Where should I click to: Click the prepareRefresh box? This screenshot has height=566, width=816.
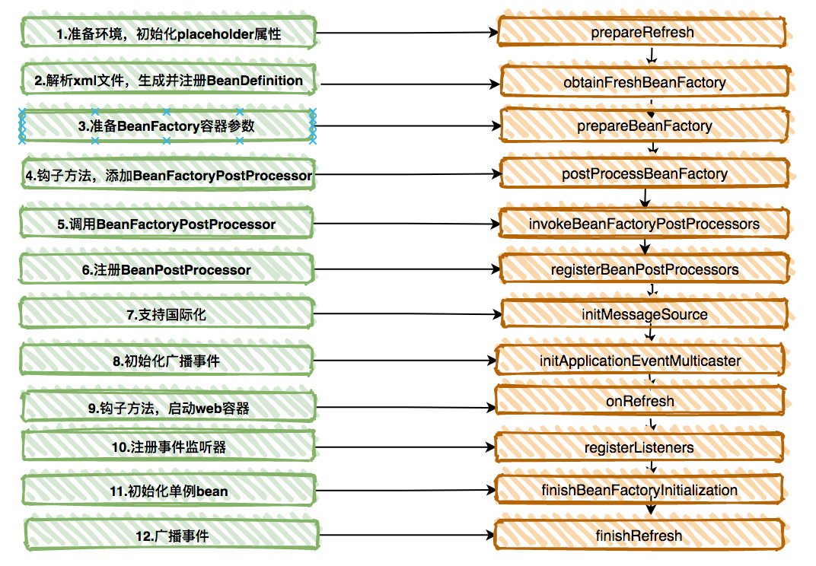tap(642, 32)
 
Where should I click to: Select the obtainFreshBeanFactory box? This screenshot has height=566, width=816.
tap(645, 82)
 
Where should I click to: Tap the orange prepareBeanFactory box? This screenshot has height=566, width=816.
tap(644, 126)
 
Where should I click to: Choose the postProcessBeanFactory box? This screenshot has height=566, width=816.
tap(644, 173)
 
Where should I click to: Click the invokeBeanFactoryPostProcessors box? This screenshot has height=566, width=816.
tap(644, 224)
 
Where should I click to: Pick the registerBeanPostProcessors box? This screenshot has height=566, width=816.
tap(644, 269)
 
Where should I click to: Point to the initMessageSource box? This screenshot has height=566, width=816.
tap(644, 314)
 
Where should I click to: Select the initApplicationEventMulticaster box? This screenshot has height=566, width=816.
tap(640, 360)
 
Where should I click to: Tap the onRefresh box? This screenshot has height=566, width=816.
tap(640, 401)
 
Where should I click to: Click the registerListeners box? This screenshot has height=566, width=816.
tap(639, 447)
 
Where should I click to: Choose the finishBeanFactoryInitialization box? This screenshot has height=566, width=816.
tap(639, 489)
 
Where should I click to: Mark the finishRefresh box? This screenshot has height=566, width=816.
tap(639, 536)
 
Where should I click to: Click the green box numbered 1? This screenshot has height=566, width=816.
tap(169, 33)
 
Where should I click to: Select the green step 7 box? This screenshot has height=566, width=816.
tap(167, 313)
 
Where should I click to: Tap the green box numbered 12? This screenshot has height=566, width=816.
tap(172, 535)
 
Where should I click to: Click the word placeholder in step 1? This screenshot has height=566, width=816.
tap(215, 34)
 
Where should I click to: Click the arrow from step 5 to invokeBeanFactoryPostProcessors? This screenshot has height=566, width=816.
tap(406, 224)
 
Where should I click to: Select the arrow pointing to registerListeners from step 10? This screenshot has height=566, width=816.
tap(405, 447)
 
